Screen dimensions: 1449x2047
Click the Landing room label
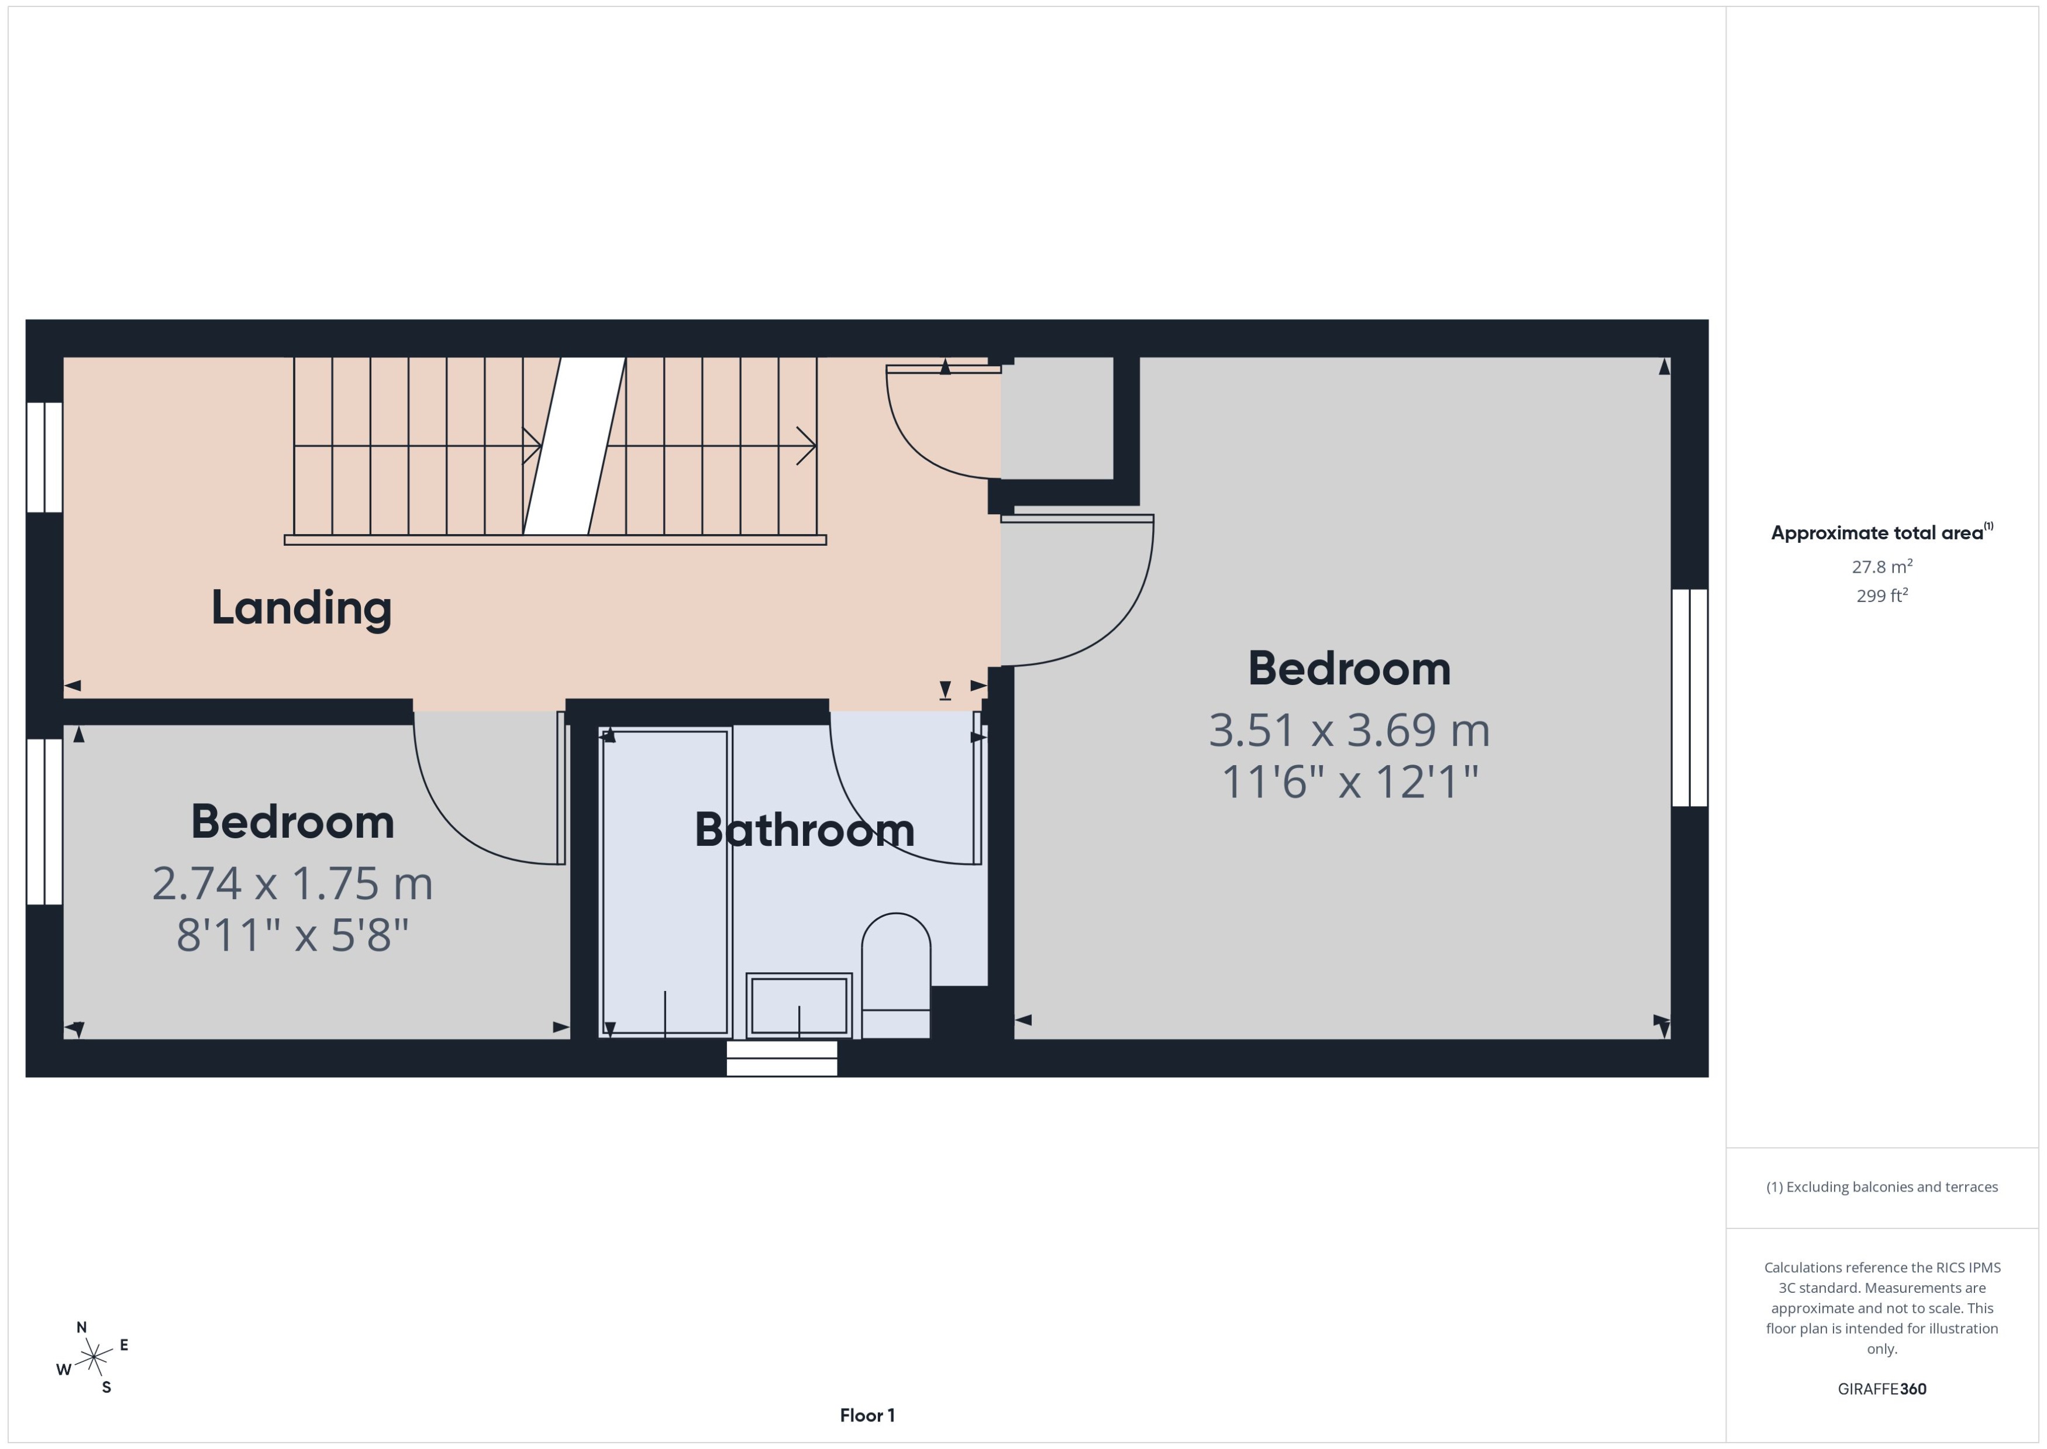point(301,608)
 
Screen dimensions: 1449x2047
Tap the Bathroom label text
point(805,830)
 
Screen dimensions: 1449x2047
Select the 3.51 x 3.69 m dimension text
point(1349,730)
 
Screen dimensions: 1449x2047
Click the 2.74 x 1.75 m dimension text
point(292,883)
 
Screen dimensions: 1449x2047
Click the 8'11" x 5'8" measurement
point(292,935)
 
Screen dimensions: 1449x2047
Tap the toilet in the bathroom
point(895,977)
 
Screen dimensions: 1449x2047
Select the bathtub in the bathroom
point(666,882)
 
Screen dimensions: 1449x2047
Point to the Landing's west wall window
point(44,457)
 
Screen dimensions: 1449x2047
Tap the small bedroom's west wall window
point(44,821)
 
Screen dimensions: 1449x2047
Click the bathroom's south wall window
point(781,1058)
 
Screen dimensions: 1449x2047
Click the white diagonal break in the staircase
point(573,446)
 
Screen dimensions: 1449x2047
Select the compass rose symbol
point(93,1358)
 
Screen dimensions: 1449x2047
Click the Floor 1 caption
point(866,1415)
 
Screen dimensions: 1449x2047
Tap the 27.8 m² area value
point(1881,567)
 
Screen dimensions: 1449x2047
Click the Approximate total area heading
point(1877,533)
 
